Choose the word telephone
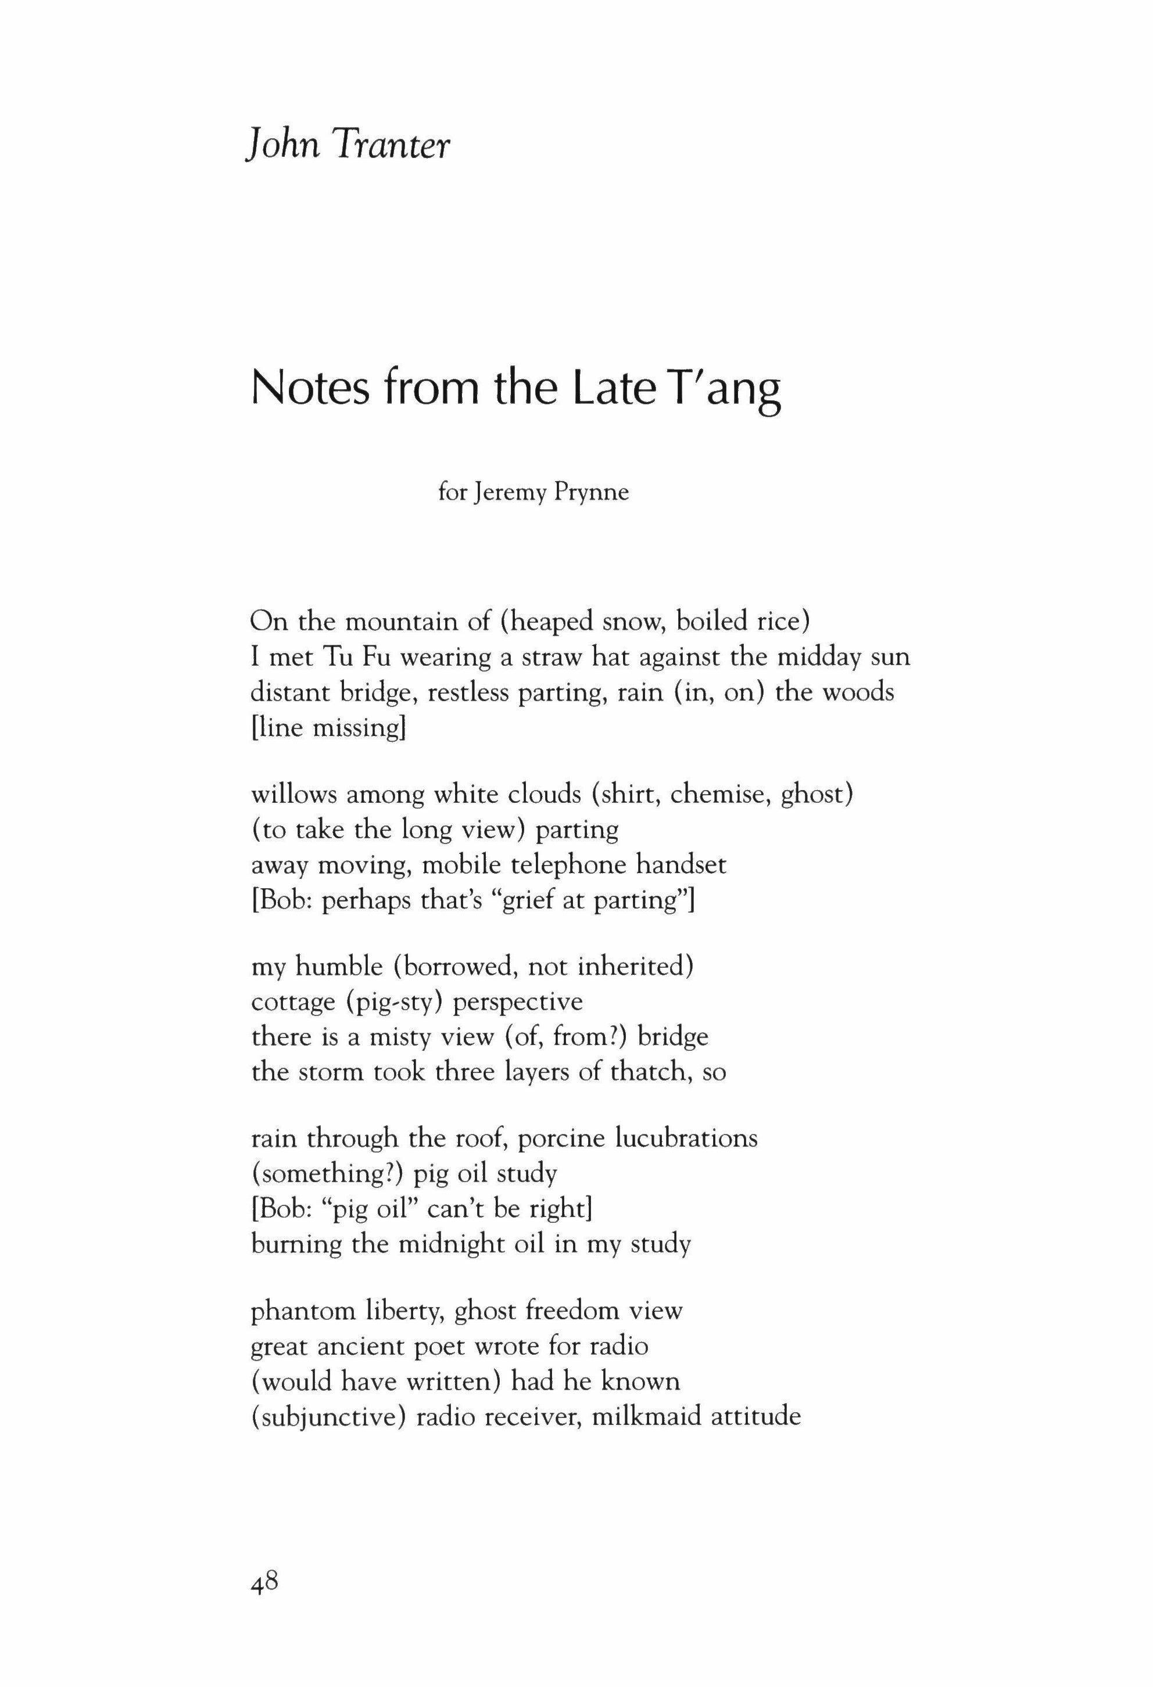pyautogui.click(x=570, y=864)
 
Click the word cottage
pyautogui.click(x=292, y=1003)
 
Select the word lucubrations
pyautogui.click(x=685, y=1137)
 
